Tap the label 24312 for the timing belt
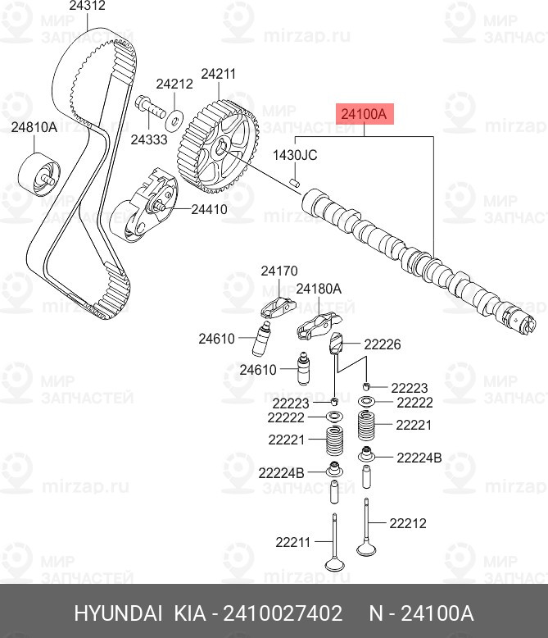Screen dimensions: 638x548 tap(87, 7)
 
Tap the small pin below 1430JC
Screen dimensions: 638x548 tap(297, 180)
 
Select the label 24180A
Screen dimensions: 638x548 tap(319, 289)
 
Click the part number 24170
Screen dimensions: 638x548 tap(279, 271)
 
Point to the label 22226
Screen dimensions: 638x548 tap(383, 345)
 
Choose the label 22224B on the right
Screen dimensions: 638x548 tap(419, 458)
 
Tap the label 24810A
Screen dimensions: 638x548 tap(34, 127)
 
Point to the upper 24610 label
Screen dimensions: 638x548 tap(216, 338)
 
